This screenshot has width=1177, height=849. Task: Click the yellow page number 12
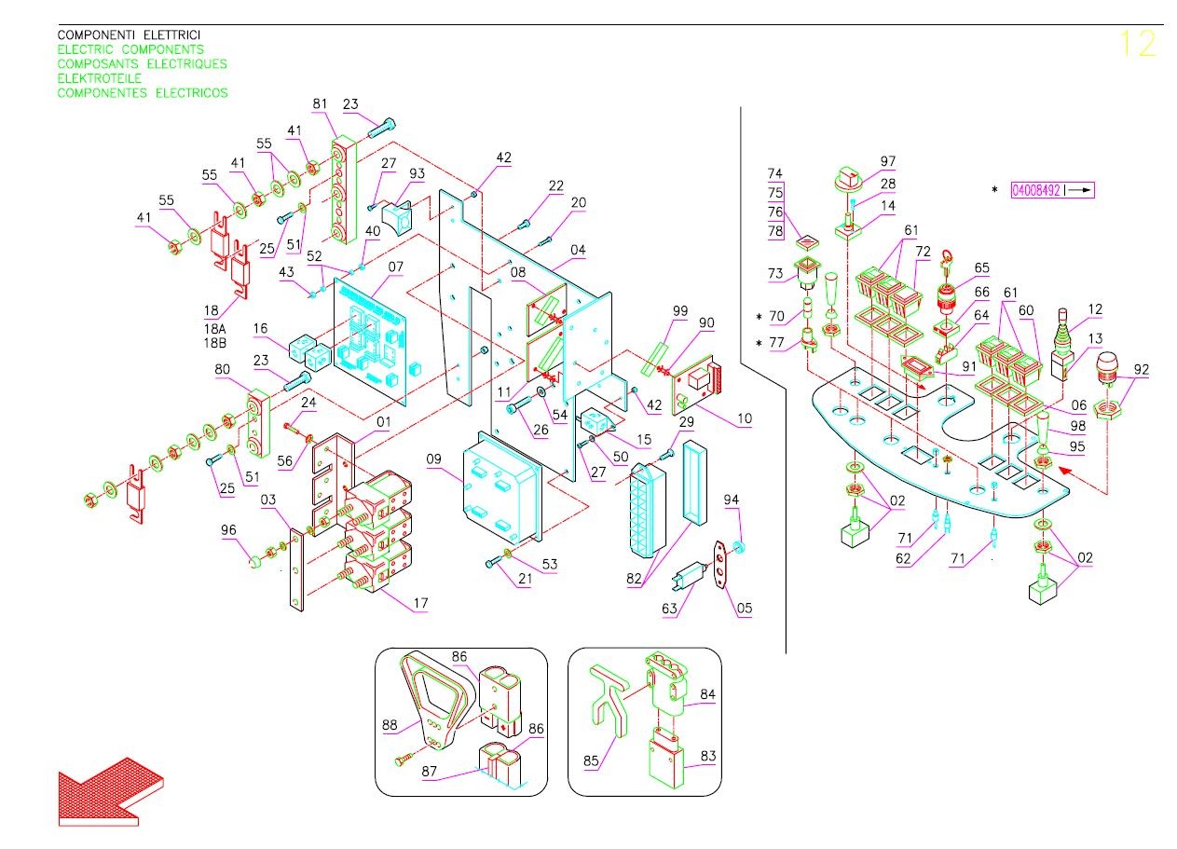[1138, 43]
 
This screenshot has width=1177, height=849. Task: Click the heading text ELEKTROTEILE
[100, 78]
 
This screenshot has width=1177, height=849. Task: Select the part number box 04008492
[1052, 190]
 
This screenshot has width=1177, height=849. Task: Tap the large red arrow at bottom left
[111, 791]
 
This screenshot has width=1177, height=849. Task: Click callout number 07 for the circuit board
[396, 267]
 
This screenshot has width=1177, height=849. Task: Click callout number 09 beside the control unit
[433, 459]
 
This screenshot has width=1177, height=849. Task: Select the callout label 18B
[215, 343]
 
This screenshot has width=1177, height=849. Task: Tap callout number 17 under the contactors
[420, 603]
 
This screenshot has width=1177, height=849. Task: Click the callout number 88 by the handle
[390, 725]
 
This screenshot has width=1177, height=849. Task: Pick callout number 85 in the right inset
[591, 760]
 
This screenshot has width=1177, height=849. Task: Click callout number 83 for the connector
[707, 756]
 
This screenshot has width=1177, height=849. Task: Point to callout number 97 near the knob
[887, 161]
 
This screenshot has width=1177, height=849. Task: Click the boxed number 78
[775, 230]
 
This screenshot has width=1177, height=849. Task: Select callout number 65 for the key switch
[981, 268]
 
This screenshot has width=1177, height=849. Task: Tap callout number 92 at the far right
[1142, 369]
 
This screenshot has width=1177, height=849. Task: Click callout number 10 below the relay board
[745, 418]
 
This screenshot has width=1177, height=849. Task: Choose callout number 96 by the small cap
[228, 529]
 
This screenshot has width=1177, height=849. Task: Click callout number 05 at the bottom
[745, 608]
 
